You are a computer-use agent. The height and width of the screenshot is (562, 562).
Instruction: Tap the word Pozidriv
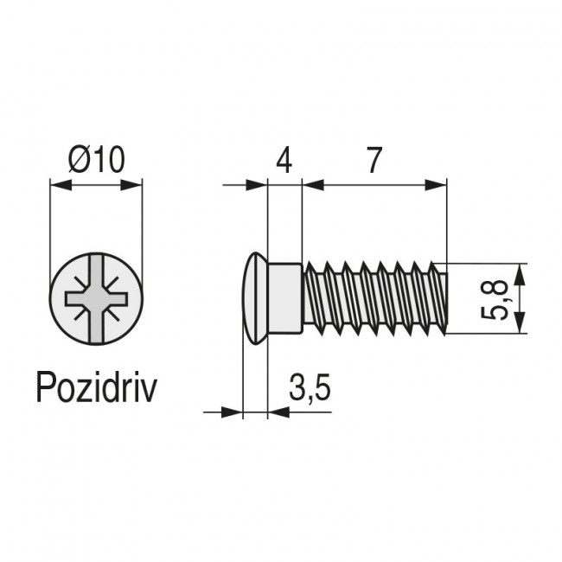(96, 388)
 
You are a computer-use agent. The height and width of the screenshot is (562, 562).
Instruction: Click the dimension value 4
(284, 161)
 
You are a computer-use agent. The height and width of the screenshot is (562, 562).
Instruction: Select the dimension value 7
(374, 161)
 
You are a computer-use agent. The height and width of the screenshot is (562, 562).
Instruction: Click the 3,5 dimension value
(309, 389)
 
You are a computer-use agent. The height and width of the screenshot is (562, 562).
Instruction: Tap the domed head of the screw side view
(254, 299)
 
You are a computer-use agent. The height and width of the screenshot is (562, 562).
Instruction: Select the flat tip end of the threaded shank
(446, 299)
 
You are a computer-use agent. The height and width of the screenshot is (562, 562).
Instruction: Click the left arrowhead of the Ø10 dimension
(58, 183)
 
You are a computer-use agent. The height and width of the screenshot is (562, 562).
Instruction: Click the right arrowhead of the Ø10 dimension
(134, 183)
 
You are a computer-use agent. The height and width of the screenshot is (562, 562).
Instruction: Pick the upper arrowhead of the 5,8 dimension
(519, 271)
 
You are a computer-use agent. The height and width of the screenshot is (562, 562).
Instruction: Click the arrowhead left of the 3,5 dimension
(231, 412)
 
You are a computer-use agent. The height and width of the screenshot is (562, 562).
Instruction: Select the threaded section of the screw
(372, 299)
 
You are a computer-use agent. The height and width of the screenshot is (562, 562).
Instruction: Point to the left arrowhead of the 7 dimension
(311, 183)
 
